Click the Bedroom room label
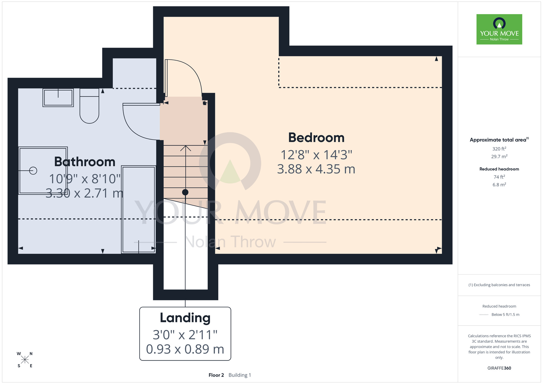(316, 138)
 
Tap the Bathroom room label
(85, 162)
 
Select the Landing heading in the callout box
(185, 318)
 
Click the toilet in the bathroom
(89, 106)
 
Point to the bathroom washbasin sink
(58, 97)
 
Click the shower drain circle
(33, 171)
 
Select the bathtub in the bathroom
(138, 209)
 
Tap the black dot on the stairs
(185, 192)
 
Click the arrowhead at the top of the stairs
(185, 148)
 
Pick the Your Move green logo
(499, 29)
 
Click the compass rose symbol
(25, 360)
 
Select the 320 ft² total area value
(499, 149)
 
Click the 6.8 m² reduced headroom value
(499, 185)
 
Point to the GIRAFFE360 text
(499, 368)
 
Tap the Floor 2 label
(216, 375)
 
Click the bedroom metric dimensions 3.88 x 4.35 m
(316, 169)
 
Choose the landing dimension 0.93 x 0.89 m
(185, 349)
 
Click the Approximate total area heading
(499, 140)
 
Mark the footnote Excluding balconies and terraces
(499, 285)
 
